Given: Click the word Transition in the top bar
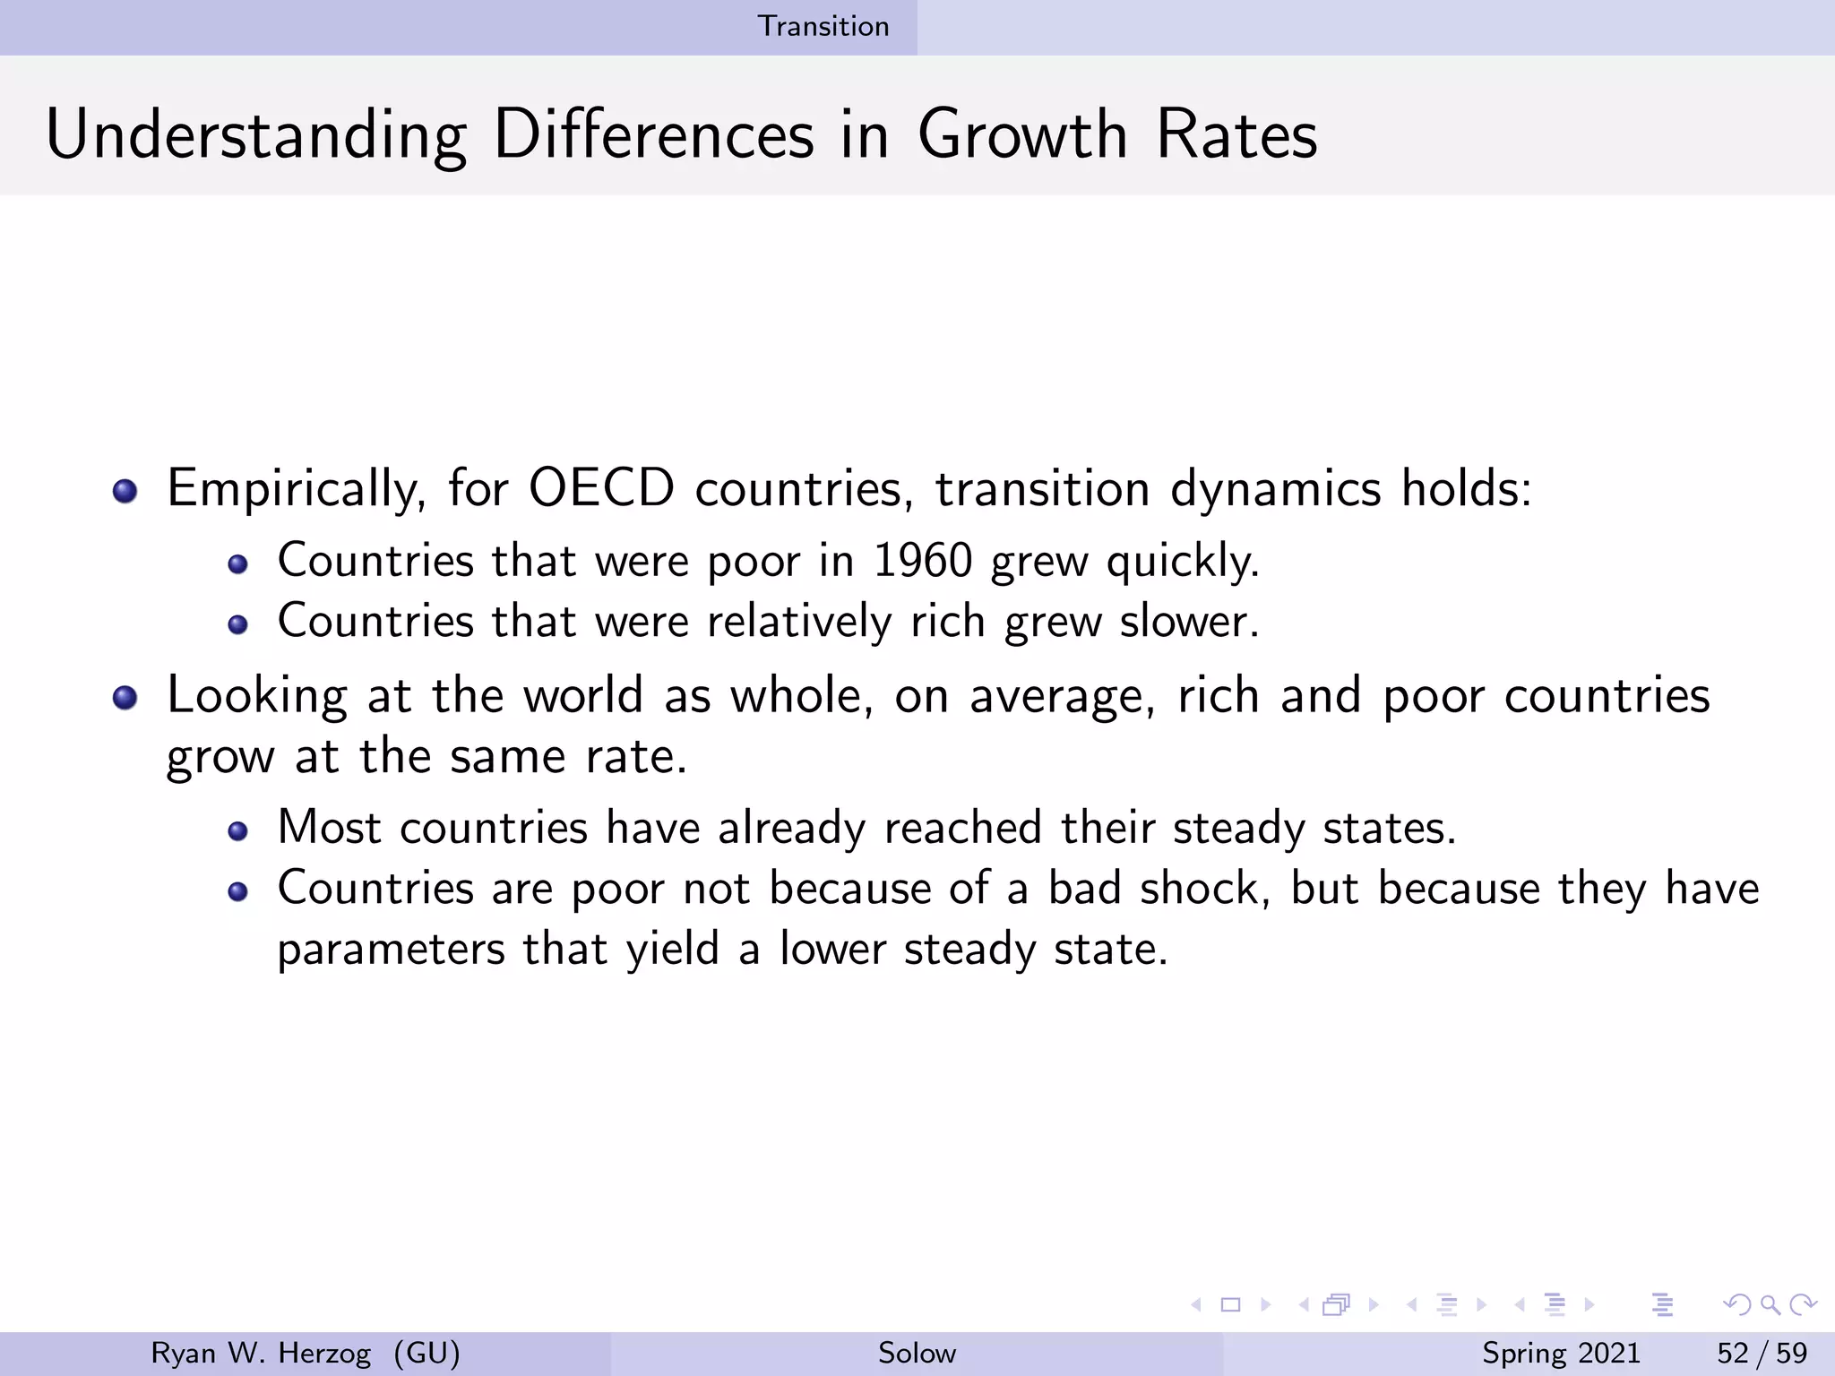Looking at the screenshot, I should [x=823, y=26].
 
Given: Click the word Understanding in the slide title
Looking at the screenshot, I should [x=256, y=136].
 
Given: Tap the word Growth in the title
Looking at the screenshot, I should [x=1022, y=136].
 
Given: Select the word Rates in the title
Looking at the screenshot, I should [x=1236, y=136].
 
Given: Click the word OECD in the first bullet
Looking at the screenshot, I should [x=601, y=489].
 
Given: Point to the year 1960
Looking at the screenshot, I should [x=923, y=562].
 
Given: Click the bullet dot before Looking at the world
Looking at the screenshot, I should [x=125, y=698].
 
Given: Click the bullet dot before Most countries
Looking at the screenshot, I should [x=237, y=832].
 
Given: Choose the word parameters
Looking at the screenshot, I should [x=391, y=950].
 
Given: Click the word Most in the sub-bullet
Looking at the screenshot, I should [x=329, y=827].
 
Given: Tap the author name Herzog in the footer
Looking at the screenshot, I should [x=324, y=1353].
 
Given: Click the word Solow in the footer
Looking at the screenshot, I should [x=917, y=1353].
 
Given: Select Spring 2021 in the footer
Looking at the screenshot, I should [x=1561, y=1353].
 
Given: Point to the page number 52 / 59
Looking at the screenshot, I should [x=1762, y=1353].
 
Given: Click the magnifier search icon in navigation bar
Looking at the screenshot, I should [x=1770, y=1304].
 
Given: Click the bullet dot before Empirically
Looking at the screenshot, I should [x=125, y=491].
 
